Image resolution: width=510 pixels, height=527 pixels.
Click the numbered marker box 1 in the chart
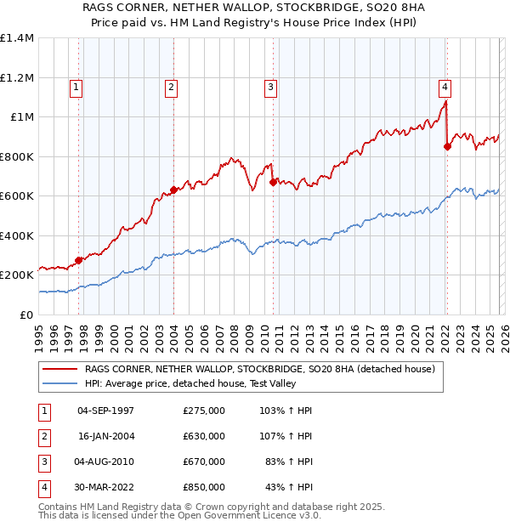(x=76, y=86)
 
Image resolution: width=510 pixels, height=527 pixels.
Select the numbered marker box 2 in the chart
(x=171, y=86)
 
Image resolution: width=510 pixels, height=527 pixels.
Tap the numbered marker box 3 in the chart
(x=270, y=86)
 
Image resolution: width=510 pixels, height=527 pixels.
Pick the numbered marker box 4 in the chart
(x=445, y=86)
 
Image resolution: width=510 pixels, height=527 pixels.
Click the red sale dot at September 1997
(x=79, y=260)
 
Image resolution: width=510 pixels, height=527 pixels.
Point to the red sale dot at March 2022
(x=447, y=146)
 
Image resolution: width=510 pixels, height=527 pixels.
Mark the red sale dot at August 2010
(x=273, y=182)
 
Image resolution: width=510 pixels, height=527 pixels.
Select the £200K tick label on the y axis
(x=16, y=275)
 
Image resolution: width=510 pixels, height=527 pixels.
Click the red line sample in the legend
(x=60, y=369)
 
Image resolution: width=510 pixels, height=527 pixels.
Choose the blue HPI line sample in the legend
(x=60, y=383)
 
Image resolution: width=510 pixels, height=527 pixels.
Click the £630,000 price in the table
(x=204, y=436)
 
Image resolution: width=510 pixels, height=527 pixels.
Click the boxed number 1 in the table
(x=43, y=411)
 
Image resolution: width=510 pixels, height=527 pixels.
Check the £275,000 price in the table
(x=204, y=411)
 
